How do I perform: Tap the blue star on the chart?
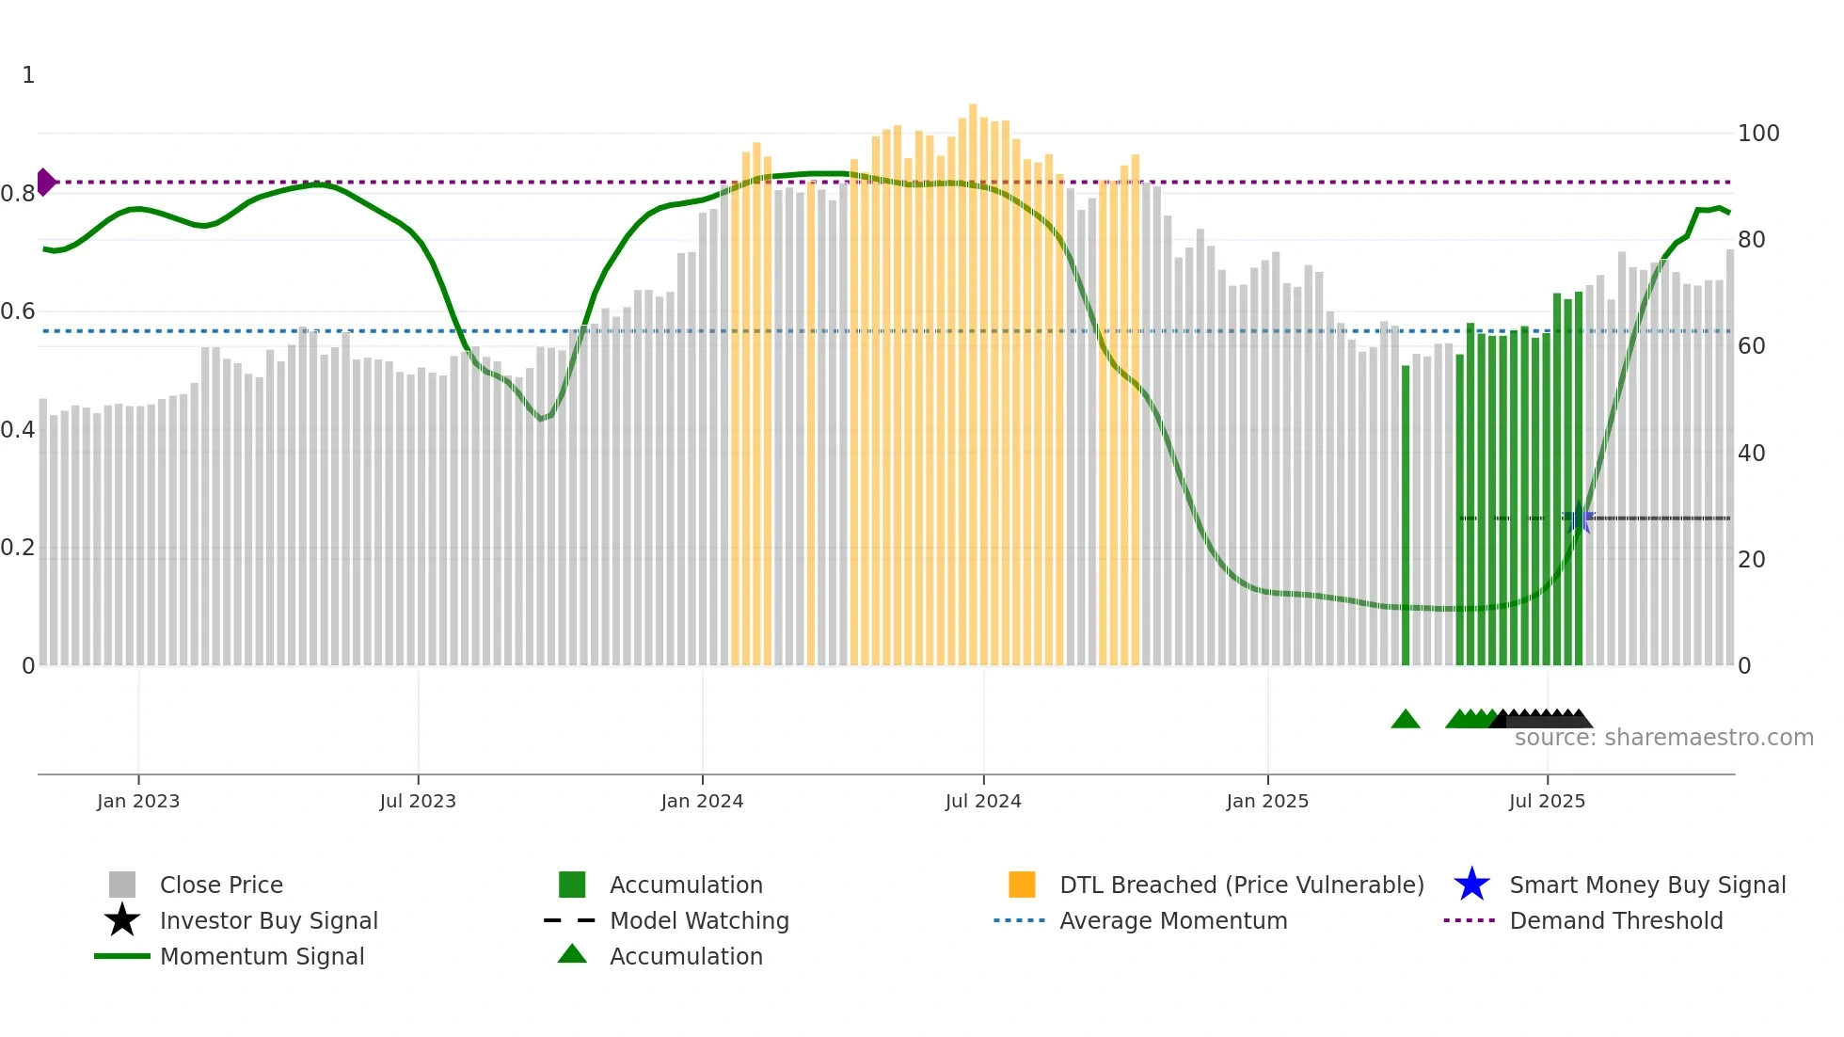(1579, 518)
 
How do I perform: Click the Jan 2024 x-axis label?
(702, 802)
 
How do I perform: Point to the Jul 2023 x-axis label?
(418, 802)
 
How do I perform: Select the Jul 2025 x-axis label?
(1547, 802)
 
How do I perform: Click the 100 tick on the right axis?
(1757, 134)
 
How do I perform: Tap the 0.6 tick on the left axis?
(18, 311)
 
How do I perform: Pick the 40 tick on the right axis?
(1751, 454)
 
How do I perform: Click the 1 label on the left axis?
(28, 75)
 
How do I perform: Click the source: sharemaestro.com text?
(1663, 738)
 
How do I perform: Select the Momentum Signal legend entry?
(262, 957)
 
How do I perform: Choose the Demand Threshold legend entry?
(1615, 921)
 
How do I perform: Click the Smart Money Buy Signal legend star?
(1471, 885)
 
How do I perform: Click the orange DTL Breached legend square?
(1022, 885)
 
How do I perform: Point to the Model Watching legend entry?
(698, 921)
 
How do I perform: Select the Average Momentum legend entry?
(1172, 921)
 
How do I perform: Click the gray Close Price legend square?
(122, 885)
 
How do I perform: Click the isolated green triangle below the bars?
(1405, 720)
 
